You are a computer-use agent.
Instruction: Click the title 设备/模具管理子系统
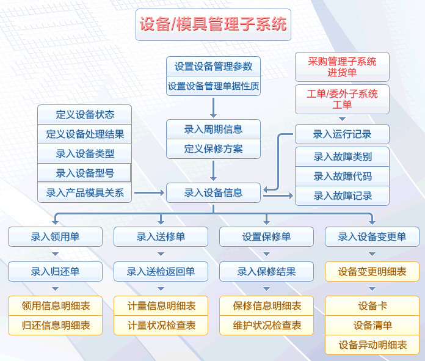tap(213, 25)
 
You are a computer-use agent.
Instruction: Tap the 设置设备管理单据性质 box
tap(213, 86)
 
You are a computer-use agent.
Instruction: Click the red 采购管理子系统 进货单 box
tap(342, 67)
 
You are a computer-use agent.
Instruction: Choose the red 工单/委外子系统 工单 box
tap(342, 99)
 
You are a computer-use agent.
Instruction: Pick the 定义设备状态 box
tap(85, 114)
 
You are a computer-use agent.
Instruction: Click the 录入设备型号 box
tap(85, 173)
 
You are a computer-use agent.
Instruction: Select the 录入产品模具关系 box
tap(85, 193)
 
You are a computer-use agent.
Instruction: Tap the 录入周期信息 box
tap(213, 129)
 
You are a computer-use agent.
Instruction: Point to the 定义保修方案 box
tap(213, 148)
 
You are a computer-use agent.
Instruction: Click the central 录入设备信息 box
tap(213, 193)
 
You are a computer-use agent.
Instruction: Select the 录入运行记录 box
tap(342, 134)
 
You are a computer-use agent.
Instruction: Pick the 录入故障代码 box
tap(342, 177)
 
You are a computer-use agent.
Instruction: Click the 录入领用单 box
tap(55, 237)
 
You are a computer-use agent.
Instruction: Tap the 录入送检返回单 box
tap(161, 272)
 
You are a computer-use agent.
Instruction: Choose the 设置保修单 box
tap(266, 237)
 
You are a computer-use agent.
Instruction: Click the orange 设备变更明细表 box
tap(372, 272)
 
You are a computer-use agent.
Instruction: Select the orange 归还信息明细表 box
tap(55, 326)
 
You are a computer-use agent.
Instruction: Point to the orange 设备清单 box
tap(372, 326)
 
